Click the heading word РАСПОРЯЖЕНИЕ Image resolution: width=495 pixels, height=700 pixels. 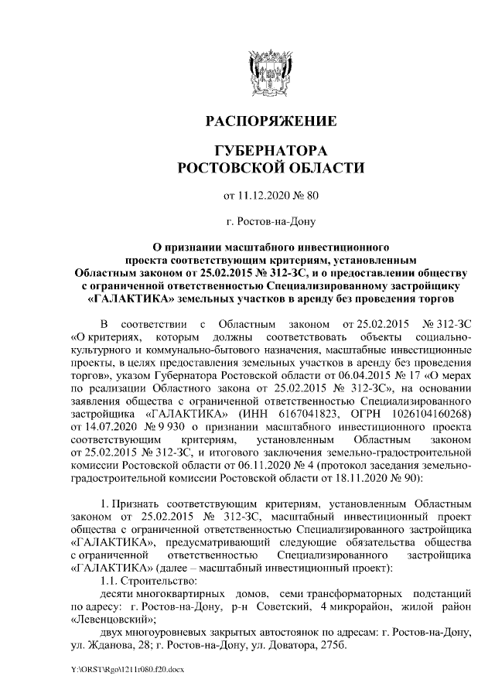coord(270,121)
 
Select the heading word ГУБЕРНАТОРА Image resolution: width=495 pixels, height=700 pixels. coord(270,150)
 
